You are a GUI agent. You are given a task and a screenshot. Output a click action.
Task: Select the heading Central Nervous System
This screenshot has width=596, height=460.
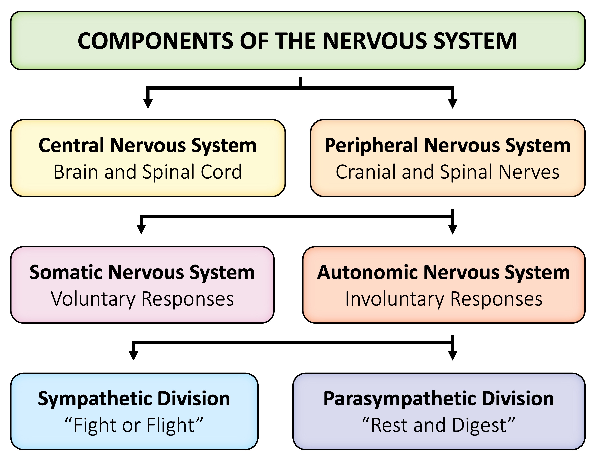(148, 145)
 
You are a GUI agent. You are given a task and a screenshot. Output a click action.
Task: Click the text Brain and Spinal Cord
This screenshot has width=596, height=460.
(148, 172)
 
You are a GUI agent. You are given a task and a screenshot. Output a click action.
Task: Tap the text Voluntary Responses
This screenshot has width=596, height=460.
(142, 299)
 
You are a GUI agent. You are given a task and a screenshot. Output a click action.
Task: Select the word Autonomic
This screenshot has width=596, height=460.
(367, 272)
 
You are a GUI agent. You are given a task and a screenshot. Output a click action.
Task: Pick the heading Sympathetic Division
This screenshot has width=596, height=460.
(134, 399)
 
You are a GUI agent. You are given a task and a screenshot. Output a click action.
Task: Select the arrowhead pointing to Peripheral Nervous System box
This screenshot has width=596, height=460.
(453, 104)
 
